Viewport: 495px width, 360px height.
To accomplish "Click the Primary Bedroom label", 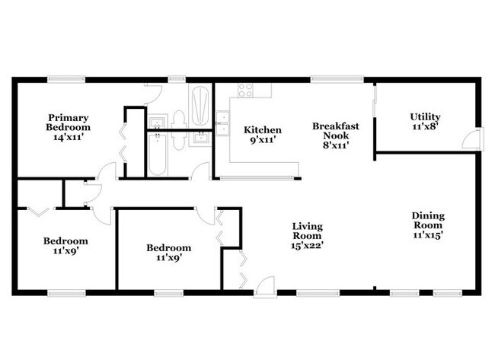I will pos(69,123).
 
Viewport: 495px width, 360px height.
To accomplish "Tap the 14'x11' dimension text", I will pos(69,138).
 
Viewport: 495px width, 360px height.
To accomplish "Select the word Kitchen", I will pos(262,130).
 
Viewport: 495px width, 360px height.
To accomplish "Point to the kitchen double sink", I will pos(222,123).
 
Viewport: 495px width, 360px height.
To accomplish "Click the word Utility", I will pos(425,116).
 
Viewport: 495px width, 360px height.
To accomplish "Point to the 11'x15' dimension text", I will pos(429,235).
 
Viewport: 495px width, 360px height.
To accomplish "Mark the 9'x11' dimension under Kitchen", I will pos(262,141).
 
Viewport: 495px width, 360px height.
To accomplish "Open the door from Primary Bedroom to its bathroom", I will pos(152,93).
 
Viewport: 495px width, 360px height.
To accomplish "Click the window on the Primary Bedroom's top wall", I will pos(61,78).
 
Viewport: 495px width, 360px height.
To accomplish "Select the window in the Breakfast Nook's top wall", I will pos(320,78).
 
